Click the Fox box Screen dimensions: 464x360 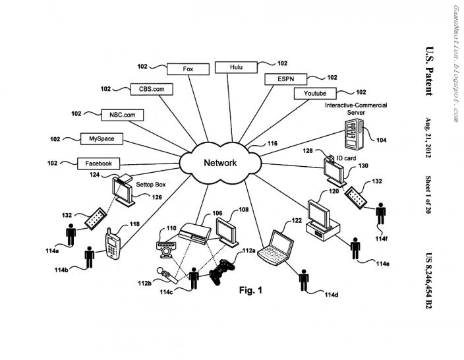[x=188, y=69]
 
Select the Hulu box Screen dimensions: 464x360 [x=236, y=67]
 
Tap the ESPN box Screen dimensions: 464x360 [x=286, y=79]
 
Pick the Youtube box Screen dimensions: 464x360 [x=315, y=93]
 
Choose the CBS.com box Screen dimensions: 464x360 [x=152, y=89]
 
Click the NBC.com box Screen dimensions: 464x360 [x=123, y=115]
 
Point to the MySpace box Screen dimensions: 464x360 [x=101, y=138]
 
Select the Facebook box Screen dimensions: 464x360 [x=99, y=164]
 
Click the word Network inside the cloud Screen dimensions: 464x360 [x=220, y=163]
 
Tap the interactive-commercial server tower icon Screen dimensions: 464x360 [x=354, y=133]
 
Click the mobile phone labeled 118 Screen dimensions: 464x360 [x=113, y=244]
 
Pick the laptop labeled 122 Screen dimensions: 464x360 [x=275, y=248]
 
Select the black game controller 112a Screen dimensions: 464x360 [x=222, y=272]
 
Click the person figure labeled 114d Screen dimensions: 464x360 [x=304, y=280]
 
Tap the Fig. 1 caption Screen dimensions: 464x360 [x=250, y=290]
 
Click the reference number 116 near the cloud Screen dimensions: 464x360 [x=272, y=143]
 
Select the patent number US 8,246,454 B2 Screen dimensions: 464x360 [x=428, y=281]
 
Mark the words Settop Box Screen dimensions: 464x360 [x=151, y=185]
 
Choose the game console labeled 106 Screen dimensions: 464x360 [x=194, y=233]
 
